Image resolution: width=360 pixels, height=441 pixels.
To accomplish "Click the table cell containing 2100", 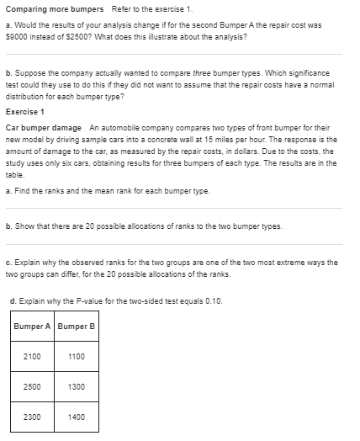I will click(x=33, y=356).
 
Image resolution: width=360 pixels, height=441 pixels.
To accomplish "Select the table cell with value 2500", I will click(x=33, y=386).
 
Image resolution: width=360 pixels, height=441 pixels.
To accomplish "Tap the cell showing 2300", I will click(x=33, y=416).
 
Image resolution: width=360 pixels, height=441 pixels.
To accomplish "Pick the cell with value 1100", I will click(x=77, y=356).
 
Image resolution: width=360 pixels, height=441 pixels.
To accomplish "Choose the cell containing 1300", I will click(x=77, y=386).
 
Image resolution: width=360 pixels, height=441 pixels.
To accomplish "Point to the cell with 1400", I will click(x=77, y=416).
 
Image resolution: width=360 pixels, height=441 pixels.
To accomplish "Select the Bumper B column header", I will click(x=77, y=326).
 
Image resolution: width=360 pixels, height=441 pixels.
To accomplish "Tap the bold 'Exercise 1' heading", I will click(x=25, y=111).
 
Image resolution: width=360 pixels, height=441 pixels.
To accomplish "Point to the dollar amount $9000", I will click(x=14, y=38).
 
